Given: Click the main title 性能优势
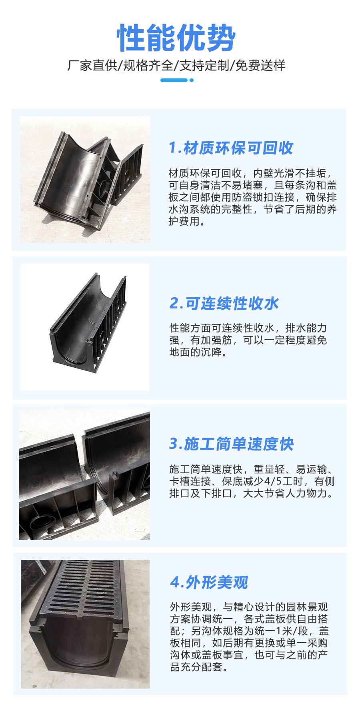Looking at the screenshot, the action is tap(176, 38).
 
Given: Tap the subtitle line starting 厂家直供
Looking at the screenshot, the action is tap(176, 65).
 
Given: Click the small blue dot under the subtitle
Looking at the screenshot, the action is tap(192, 80).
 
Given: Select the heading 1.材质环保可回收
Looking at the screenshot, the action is tap(231, 148).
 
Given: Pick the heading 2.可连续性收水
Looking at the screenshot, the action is tap(224, 303).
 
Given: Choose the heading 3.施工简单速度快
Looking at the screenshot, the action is tap(232, 444).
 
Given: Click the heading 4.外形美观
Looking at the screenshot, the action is tap(209, 582).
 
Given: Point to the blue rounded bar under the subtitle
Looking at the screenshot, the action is tap(174, 80).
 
